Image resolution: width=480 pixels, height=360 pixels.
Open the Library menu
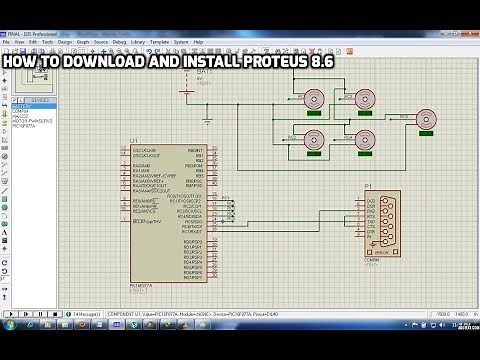(135, 42)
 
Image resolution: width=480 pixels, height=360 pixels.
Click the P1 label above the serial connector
(368, 186)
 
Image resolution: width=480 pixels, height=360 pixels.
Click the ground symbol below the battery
(205, 120)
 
